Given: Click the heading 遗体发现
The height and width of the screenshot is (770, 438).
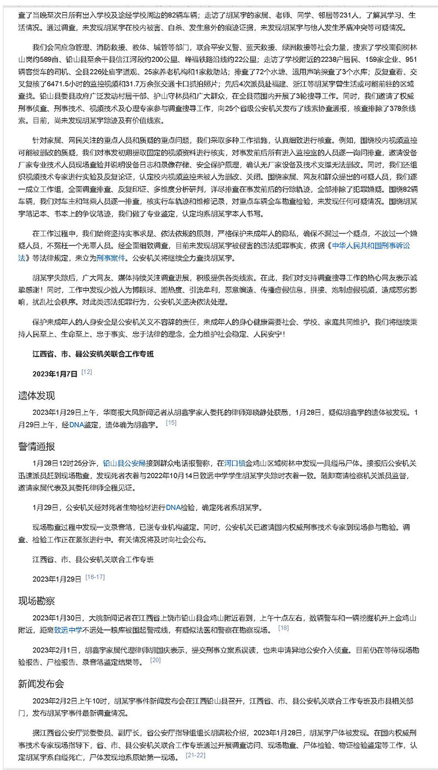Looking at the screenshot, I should [37, 395].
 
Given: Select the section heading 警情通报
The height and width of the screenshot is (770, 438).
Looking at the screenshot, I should [37, 446].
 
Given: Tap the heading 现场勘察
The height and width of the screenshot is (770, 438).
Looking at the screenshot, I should [37, 600].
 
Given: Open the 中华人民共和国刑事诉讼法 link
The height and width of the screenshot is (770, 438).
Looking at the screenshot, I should [370, 246].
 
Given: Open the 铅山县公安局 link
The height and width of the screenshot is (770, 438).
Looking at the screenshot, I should [125, 463].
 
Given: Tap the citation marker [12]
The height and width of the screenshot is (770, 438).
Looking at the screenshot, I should [87, 372].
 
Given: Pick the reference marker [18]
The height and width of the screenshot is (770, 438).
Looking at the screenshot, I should [284, 628].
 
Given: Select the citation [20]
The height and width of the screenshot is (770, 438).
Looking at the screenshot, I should [155, 660].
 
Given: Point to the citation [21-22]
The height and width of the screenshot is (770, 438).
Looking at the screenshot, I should [195, 755].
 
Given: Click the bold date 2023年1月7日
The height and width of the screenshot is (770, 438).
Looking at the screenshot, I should [55, 373].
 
